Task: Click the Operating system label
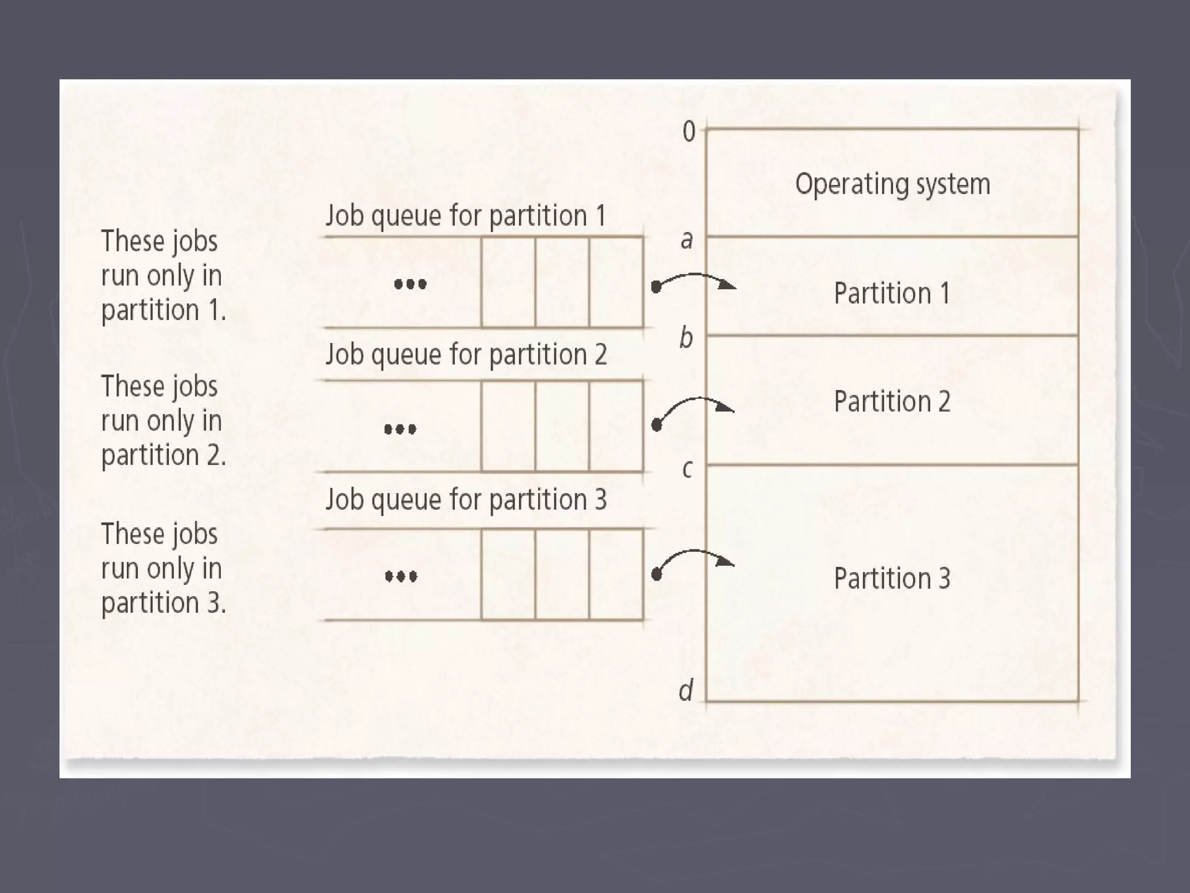[892, 184]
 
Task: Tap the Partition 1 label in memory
[892, 293]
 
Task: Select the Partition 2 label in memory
[892, 401]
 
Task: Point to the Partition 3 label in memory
[892, 578]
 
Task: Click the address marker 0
[689, 132]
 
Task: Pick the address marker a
[687, 240]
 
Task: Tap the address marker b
[686, 337]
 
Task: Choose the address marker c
[687, 469]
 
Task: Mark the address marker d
[686, 691]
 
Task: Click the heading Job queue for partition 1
[465, 216]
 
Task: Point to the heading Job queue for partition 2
[466, 355]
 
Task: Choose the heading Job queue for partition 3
[466, 500]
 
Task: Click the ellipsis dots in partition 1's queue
[410, 284]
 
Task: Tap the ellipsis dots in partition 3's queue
[401, 577]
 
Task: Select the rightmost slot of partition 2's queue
[616, 426]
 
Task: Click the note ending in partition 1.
[163, 276]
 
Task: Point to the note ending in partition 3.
[163, 569]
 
